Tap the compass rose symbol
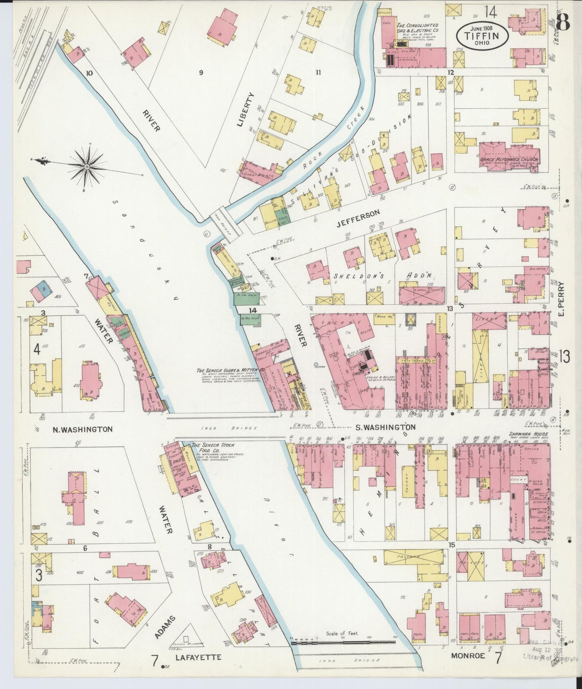coord(87,166)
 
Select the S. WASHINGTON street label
coord(385,427)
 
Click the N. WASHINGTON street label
coord(83,429)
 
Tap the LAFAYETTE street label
coord(198,657)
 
